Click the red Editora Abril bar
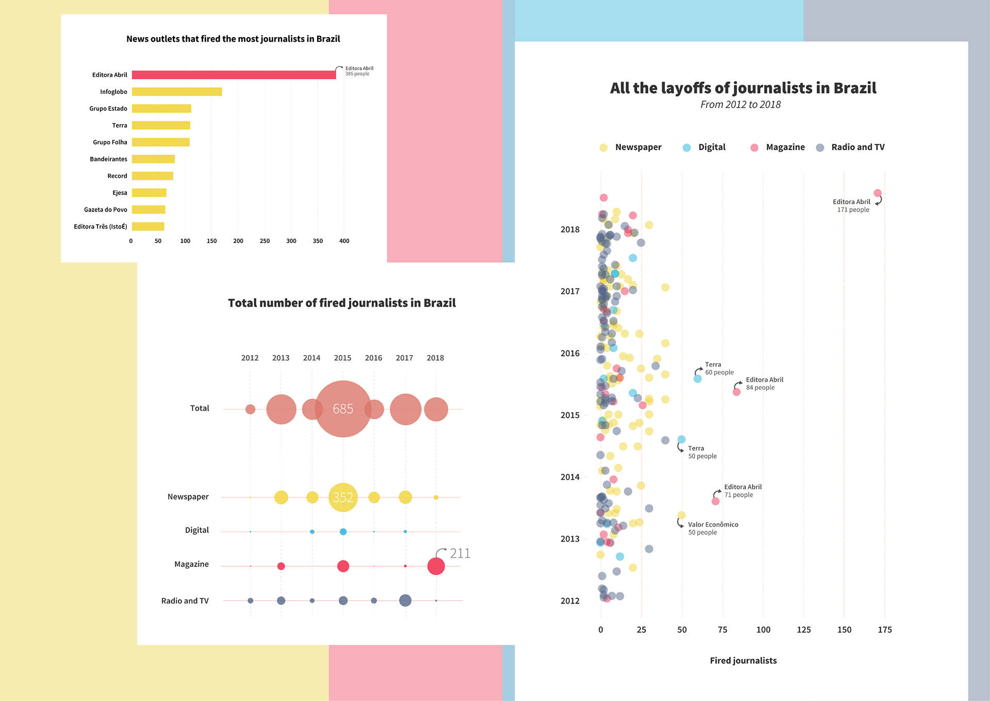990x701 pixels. pyautogui.click(x=234, y=75)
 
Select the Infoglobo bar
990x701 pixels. pyautogui.click(x=177, y=92)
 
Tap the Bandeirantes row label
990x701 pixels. pyautogui.click(x=108, y=159)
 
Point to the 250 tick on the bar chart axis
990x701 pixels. pyautogui.click(x=265, y=241)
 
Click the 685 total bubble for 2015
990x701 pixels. pyautogui.click(x=343, y=409)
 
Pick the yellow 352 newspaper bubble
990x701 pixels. pyautogui.click(x=343, y=497)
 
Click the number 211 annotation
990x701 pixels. pyautogui.click(x=460, y=553)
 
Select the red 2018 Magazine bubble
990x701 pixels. pyautogui.click(x=436, y=566)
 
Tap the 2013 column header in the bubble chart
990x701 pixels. pyautogui.click(x=280, y=358)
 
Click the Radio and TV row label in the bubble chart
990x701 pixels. pyautogui.click(x=185, y=601)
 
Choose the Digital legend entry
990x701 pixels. pyautogui.click(x=712, y=148)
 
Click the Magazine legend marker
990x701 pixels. pyautogui.click(x=754, y=148)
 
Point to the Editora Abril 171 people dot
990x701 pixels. pyautogui.click(x=878, y=193)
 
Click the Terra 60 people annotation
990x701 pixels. pyautogui.click(x=719, y=369)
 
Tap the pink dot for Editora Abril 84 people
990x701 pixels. pyautogui.click(x=737, y=392)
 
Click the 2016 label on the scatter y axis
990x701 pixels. pyautogui.click(x=570, y=353)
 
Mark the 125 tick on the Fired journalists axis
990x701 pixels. pyautogui.click(x=804, y=630)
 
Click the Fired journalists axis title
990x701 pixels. pyautogui.click(x=743, y=661)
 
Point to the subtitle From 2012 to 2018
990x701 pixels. pyautogui.click(x=740, y=105)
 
